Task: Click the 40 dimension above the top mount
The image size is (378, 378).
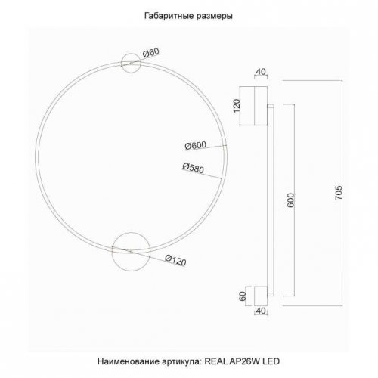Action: point(262,73)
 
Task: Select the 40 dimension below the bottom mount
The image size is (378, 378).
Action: point(262,311)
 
